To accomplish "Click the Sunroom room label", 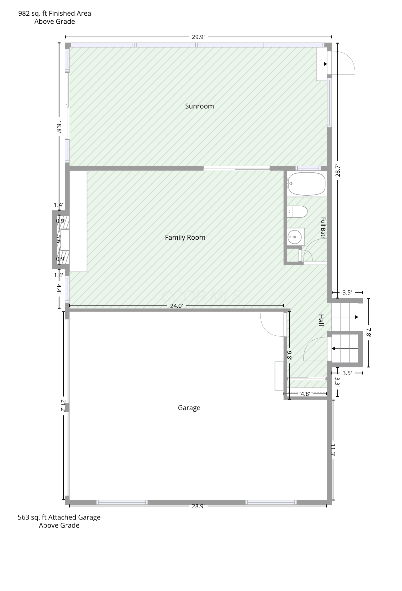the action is [x=199, y=106].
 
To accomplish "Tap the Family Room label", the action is [x=185, y=237].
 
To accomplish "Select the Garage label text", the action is [x=189, y=408].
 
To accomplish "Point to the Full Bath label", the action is [x=323, y=228].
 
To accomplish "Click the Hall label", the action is [x=321, y=320].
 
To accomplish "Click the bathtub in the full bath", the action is [x=307, y=184].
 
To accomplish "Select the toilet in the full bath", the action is [x=297, y=212].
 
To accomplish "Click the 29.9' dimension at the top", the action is [x=198, y=37].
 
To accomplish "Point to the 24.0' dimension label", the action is [x=176, y=306].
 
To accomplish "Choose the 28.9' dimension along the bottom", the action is [x=198, y=506].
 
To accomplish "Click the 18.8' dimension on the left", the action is [x=59, y=126].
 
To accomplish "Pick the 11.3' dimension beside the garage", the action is [x=333, y=450].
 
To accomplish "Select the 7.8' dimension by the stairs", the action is [x=368, y=332].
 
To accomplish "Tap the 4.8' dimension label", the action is [x=305, y=394].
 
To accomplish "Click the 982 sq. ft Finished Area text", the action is [x=55, y=13].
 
